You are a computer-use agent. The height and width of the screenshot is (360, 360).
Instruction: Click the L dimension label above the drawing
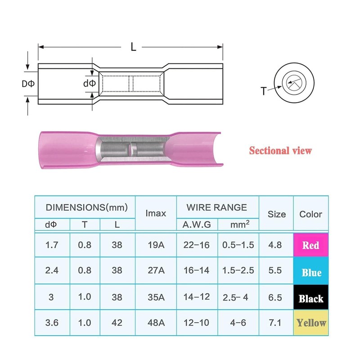click(133, 47)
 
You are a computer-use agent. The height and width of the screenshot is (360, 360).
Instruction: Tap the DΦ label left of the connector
click(28, 84)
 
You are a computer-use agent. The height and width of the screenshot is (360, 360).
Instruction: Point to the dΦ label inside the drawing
click(89, 83)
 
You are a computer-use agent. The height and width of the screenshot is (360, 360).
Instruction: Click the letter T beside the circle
click(264, 91)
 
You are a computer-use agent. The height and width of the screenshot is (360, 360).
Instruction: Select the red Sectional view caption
click(280, 151)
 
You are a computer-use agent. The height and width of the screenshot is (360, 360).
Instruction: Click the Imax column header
click(156, 213)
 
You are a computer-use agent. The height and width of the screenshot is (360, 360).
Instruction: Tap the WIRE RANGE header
click(217, 207)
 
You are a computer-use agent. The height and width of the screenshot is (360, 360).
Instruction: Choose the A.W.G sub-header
click(197, 225)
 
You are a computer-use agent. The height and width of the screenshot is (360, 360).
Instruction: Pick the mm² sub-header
click(240, 224)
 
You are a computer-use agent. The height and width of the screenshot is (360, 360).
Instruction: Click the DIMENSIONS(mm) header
click(86, 207)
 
